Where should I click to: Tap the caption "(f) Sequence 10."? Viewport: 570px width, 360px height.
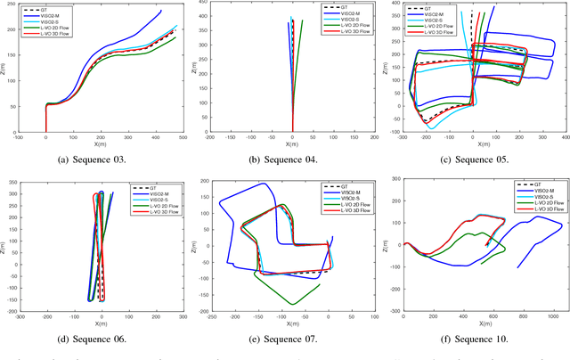point(479,339)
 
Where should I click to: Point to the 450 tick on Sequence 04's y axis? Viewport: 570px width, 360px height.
point(203,4)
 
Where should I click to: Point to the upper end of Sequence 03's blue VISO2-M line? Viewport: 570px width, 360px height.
point(161,11)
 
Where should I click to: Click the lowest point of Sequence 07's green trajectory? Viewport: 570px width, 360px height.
point(291,305)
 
